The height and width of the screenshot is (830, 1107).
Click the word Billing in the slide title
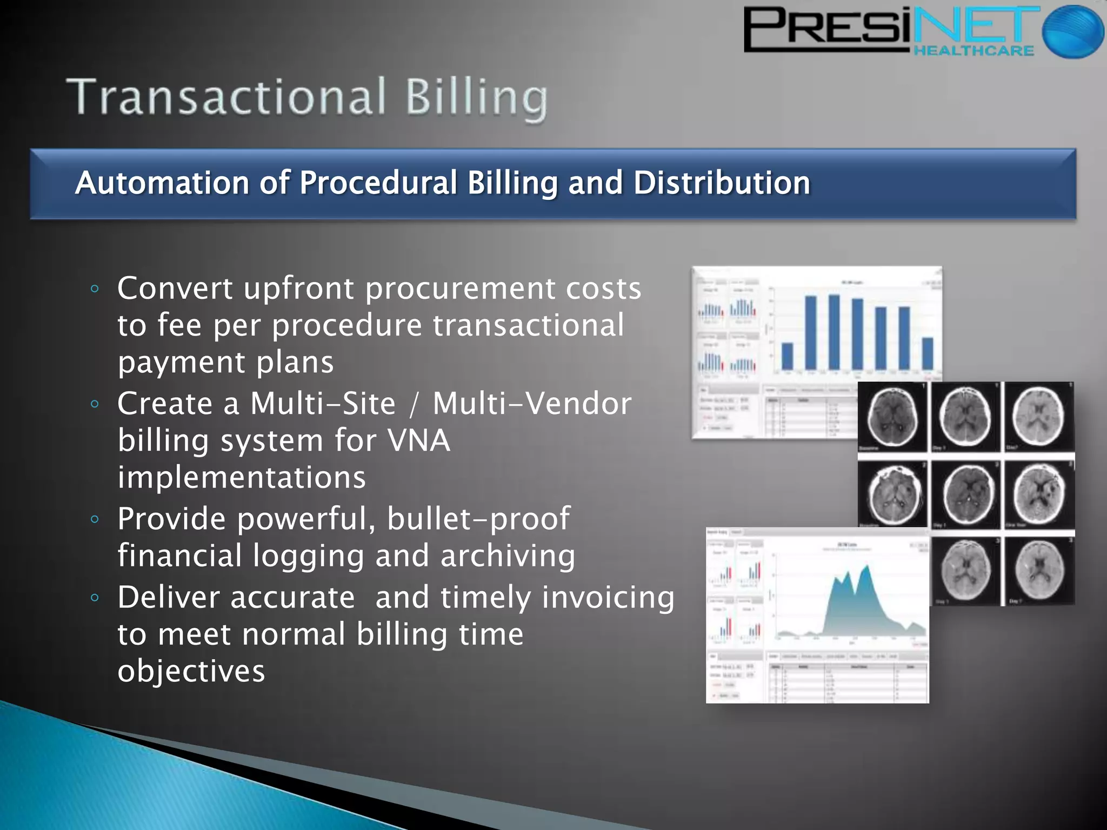[x=476, y=98]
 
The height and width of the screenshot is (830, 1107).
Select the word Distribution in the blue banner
[x=722, y=183]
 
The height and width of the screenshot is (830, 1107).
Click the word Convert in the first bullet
[x=175, y=289]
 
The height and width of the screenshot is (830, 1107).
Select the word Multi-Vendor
[x=532, y=404]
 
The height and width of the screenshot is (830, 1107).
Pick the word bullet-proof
[x=478, y=519]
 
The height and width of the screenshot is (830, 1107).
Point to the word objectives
[x=191, y=671]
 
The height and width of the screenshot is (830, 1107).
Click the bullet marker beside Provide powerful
[x=95, y=519]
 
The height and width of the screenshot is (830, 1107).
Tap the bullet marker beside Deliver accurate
[x=95, y=598]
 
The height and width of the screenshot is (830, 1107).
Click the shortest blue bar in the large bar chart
[x=788, y=356]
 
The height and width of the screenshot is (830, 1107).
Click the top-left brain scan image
[x=892, y=417]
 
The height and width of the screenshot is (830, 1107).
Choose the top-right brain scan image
[x=1038, y=417]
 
